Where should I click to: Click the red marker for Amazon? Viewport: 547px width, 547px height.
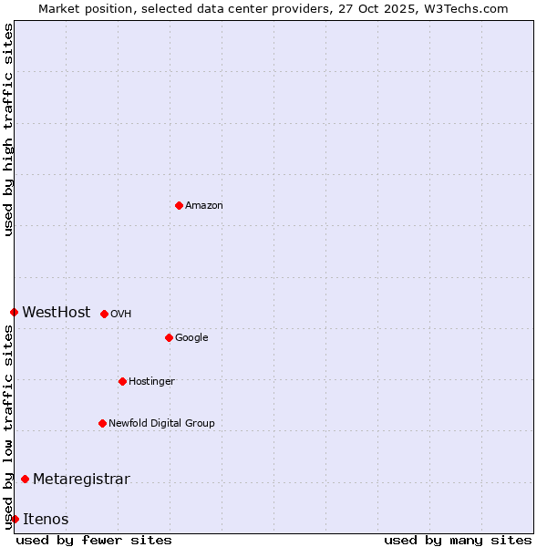(179, 205)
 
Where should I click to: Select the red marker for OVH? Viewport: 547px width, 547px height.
(104, 314)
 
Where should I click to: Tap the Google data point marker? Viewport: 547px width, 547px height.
(169, 337)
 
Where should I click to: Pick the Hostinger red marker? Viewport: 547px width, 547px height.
(122, 381)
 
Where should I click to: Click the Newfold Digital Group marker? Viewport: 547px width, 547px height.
(102, 423)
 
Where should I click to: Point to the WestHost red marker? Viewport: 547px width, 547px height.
(14, 312)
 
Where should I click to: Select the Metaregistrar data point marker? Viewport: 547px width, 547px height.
(25, 479)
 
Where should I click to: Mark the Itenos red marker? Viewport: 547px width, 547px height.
(15, 519)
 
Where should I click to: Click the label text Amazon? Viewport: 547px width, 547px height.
(204, 206)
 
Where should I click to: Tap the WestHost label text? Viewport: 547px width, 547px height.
(57, 313)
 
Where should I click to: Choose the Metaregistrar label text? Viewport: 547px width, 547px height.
(81, 480)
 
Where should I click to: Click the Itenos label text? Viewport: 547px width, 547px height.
(46, 520)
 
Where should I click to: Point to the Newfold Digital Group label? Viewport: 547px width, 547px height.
(161, 423)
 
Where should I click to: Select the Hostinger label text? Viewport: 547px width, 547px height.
(151, 381)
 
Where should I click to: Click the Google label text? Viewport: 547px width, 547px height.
(191, 337)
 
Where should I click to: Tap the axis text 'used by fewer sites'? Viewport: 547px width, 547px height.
(94, 541)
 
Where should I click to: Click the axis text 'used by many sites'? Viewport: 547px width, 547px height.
(458, 541)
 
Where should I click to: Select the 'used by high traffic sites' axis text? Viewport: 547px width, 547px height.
(8, 129)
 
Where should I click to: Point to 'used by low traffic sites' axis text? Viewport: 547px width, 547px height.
(8, 427)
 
